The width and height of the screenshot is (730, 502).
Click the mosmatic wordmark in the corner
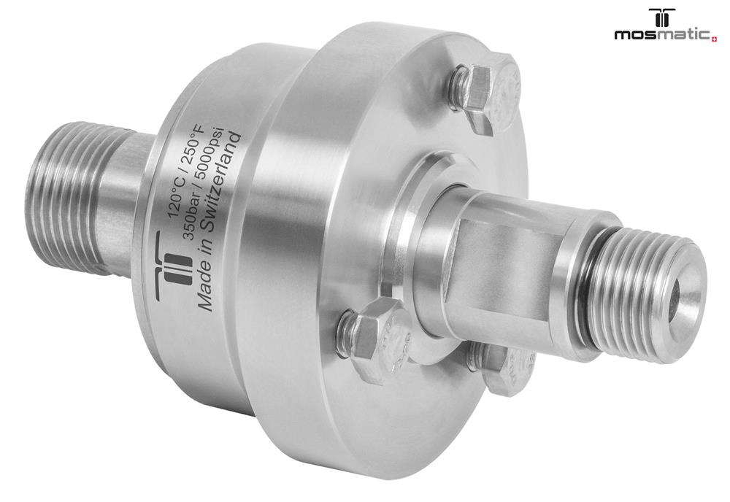pos(663,35)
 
